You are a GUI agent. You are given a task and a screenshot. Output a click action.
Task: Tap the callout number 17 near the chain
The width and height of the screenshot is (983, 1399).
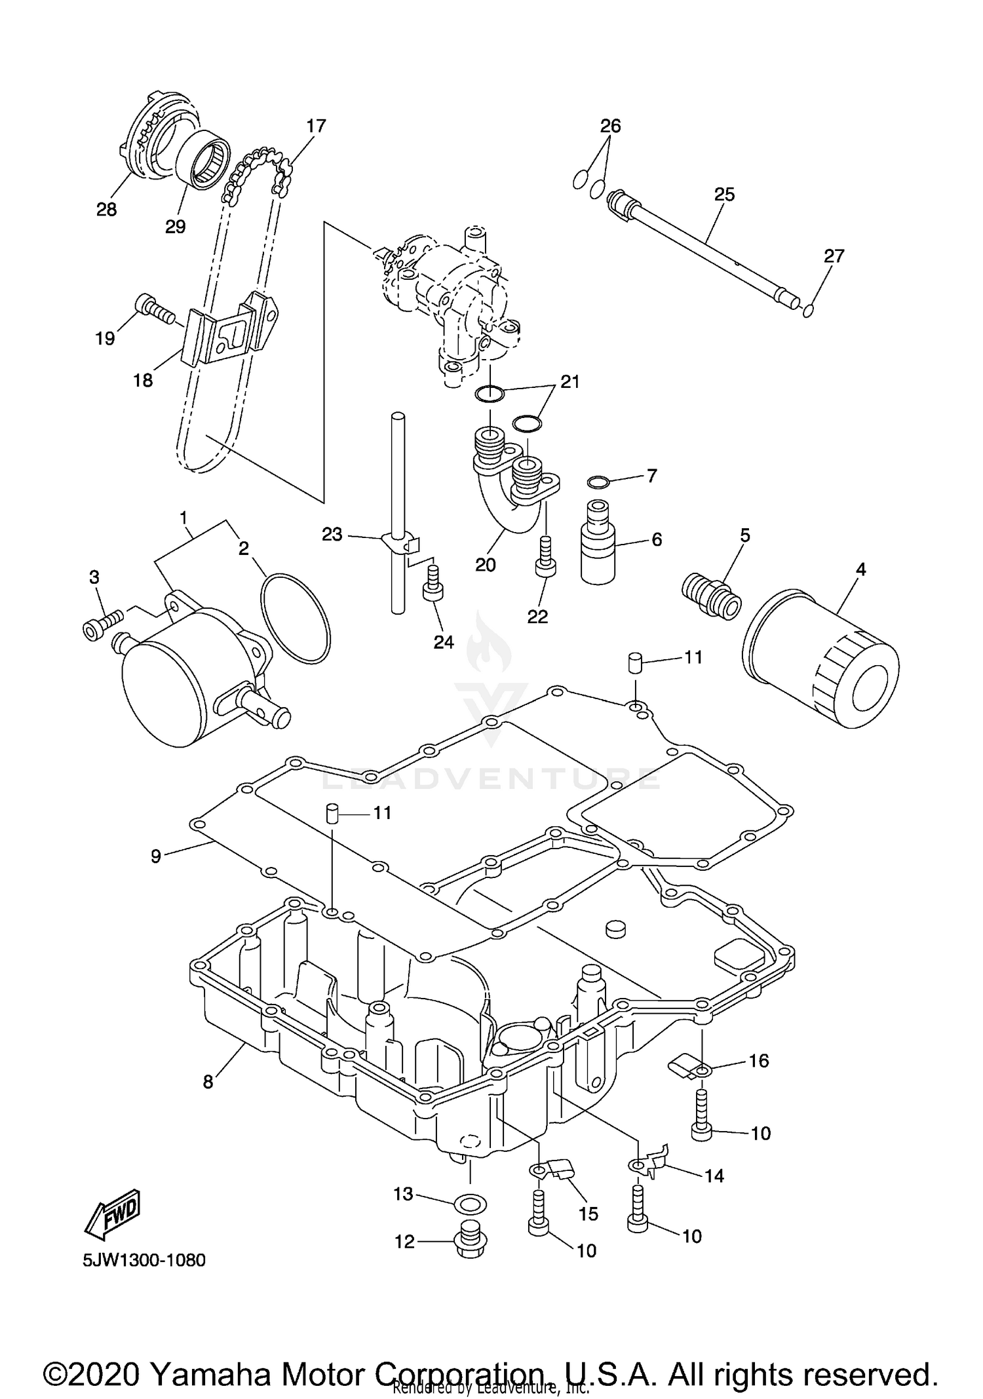[x=316, y=126]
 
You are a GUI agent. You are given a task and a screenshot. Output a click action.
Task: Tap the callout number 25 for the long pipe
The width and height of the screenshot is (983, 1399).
[x=724, y=195]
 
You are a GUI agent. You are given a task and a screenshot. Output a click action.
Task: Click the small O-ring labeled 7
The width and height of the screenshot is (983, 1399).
[x=598, y=483]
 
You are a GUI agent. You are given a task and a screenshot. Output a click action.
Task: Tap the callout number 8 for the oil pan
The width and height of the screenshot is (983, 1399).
[x=208, y=1082]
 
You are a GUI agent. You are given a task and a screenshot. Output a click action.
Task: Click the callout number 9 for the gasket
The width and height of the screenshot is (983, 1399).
[x=156, y=856]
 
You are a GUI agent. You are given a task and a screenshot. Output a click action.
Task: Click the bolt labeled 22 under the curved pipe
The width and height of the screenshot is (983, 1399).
[x=546, y=558]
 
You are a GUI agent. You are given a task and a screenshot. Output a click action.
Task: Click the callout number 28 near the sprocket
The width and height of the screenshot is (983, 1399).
[x=107, y=210]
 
